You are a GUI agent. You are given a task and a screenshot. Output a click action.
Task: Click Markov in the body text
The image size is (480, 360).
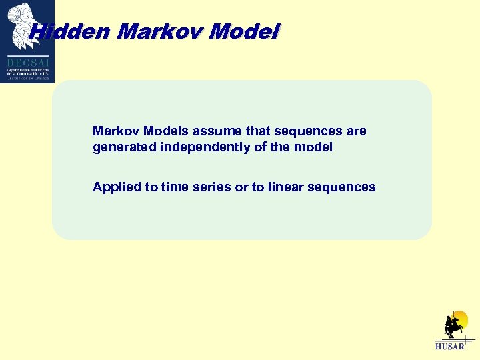tap(113, 131)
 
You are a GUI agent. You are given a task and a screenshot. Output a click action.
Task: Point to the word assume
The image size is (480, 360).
tap(200, 131)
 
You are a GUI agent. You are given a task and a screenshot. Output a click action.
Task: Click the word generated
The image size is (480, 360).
tap(125, 147)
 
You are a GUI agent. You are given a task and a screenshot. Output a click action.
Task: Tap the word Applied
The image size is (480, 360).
tap(115, 187)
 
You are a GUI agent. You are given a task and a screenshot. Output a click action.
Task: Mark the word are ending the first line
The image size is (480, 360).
tap(356, 131)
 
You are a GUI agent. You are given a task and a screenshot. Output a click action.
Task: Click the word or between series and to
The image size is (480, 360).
tap(241, 187)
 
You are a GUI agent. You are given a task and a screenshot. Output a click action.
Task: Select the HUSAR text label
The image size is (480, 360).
tap(449, 347)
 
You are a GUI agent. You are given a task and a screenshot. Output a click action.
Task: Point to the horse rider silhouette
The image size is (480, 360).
tap(453, 326)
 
